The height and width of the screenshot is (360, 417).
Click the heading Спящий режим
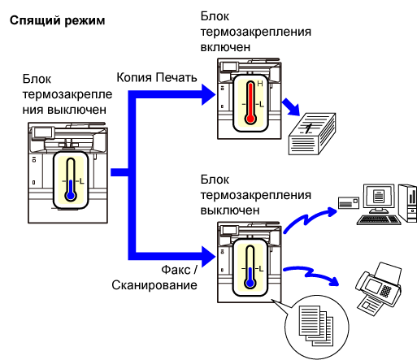(57, 21)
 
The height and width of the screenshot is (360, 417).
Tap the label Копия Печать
(157, 77)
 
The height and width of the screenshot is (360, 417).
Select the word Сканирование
(154, 285)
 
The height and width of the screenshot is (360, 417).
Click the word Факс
(176, 270)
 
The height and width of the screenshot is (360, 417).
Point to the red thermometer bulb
(250, 119)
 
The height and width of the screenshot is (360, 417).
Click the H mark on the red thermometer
(260, 84)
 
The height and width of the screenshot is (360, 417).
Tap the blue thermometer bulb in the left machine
(71, 196)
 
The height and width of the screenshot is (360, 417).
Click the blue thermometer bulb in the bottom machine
(250, 283)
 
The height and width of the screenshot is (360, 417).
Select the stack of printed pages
(312, 134)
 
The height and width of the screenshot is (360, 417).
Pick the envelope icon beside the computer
(349, 202)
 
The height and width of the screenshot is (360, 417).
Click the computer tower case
(408, 203)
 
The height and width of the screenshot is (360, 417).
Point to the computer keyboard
(379, 219)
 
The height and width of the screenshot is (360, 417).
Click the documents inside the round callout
(316, 326)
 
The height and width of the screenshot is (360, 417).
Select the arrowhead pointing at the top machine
(208, 94)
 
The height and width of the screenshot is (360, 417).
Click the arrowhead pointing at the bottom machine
(208, 257)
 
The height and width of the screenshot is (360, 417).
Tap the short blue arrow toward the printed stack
(291, 107)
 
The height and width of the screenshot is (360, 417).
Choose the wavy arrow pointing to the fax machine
(311, 275)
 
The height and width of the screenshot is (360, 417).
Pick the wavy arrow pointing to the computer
(309, 219)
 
